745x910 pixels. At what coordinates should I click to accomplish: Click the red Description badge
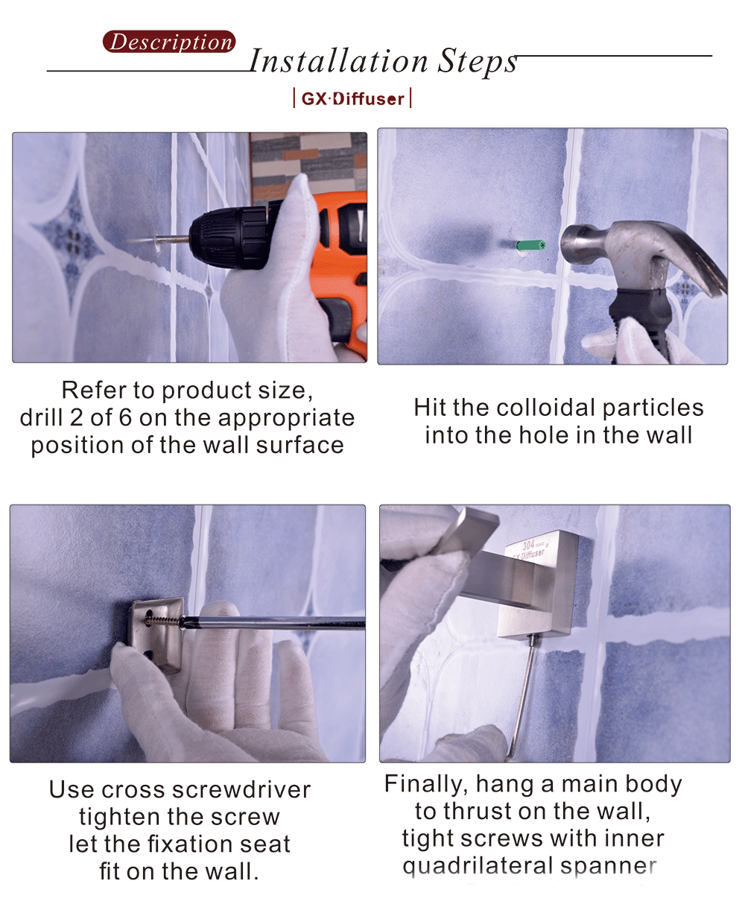point(169,42)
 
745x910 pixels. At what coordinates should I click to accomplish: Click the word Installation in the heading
point(338,61)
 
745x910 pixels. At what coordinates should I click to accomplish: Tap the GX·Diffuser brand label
point(352,98)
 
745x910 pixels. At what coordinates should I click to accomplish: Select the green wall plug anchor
point(531,244)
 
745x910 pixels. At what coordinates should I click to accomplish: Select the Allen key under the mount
point(521,693)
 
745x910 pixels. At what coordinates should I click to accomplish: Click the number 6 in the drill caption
point(125,417)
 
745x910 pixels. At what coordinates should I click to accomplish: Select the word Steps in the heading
point(477,61)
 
